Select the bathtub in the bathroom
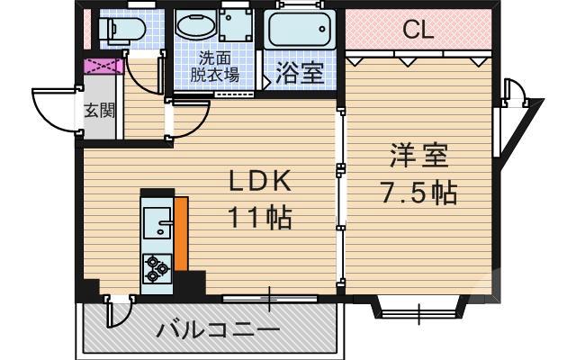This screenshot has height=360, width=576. [300, 32]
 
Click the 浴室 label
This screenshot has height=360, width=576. [300, 73]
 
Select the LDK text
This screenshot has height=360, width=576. [258, 183]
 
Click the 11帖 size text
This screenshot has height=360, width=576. [258, 217]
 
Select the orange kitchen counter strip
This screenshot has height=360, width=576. [180, 234]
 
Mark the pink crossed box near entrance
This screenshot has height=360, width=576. [98, 67]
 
